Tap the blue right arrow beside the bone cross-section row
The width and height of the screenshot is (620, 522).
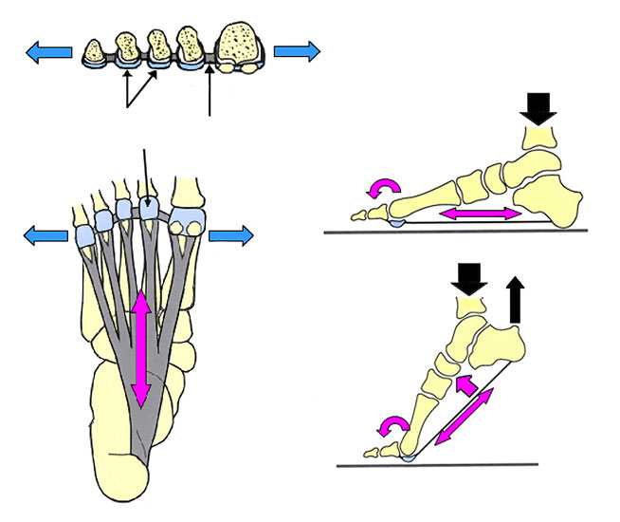[297, 51]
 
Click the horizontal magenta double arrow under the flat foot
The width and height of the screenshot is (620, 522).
[483, 215]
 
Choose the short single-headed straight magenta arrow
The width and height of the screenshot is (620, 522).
[465, 384]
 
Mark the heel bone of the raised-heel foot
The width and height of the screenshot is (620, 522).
[501, 345]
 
